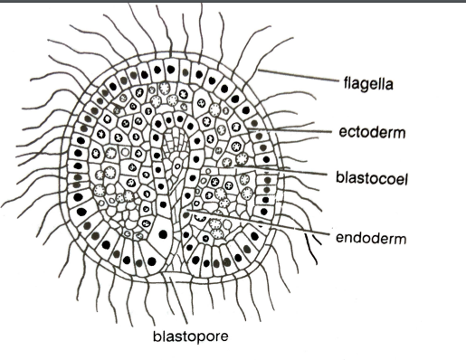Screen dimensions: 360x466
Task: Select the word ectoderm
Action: click(x=371, y=132)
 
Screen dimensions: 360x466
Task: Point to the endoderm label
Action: click(x=370, y=240)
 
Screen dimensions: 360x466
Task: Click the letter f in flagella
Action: click(x=346, y=87)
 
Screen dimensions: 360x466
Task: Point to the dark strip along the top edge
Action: click(x=233, y=3)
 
